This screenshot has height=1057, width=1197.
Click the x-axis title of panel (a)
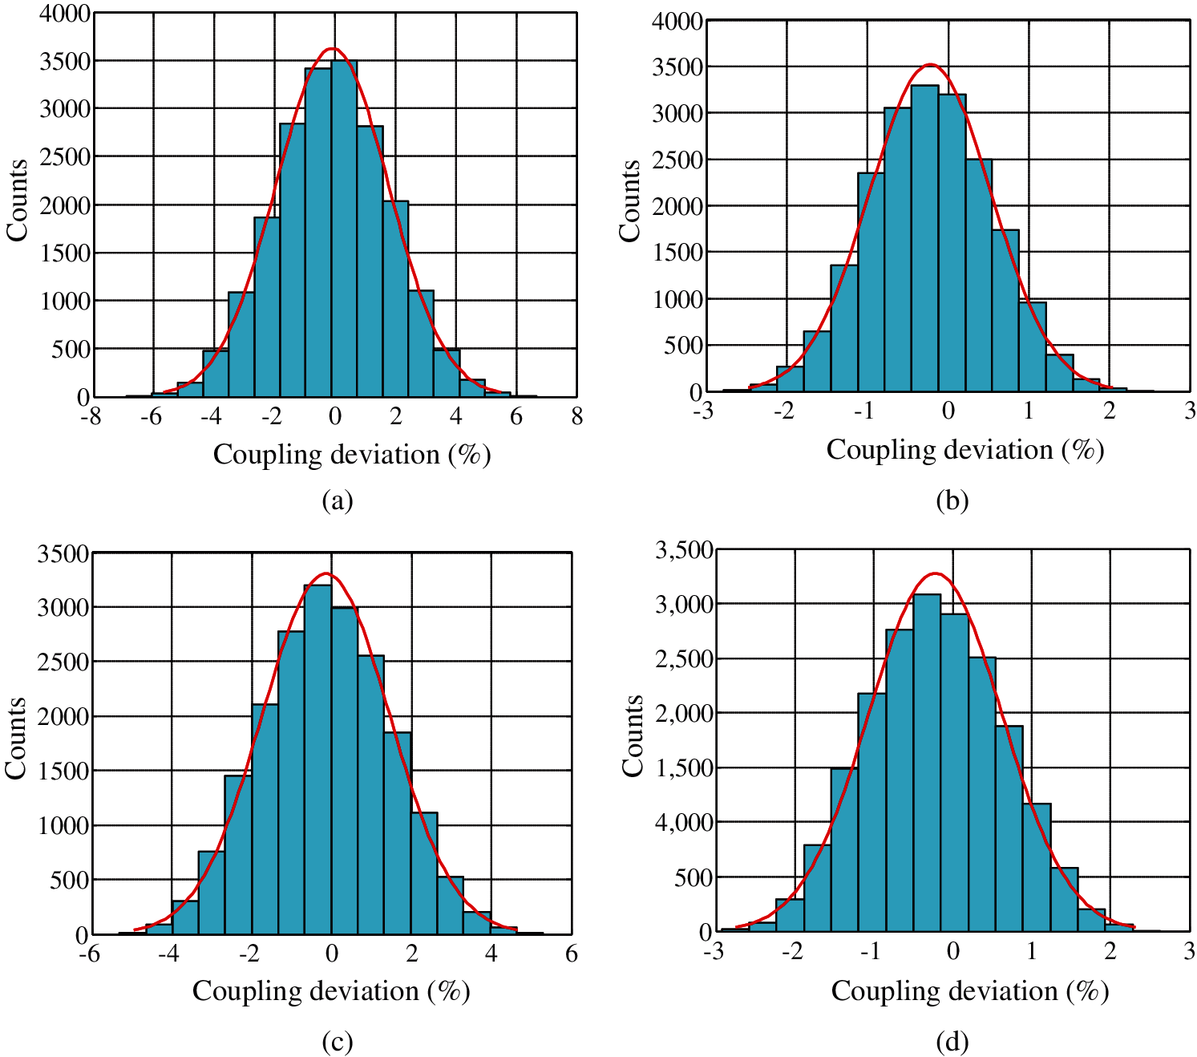[351, 455]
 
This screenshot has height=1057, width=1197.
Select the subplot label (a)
[337, 500]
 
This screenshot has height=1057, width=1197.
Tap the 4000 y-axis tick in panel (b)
[677, 21]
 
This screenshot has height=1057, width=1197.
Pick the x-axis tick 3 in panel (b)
[1190, 411]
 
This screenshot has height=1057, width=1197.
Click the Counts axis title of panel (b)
[630, 200]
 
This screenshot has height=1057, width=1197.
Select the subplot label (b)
[952, 500]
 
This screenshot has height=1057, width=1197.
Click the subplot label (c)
[337, 1042]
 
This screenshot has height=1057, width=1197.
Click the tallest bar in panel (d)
[928, 763]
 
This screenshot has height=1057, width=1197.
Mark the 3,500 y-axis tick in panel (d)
[684, 550]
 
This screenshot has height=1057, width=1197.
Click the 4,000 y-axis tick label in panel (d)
[684, 822]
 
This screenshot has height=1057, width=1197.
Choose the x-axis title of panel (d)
[969, 991]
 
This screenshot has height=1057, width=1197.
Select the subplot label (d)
[952, 1042]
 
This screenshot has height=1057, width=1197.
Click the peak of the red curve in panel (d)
[935, 573]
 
